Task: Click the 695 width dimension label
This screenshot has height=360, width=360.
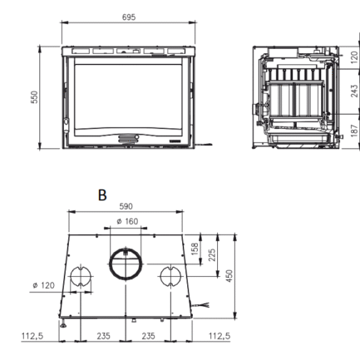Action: pos(129,17)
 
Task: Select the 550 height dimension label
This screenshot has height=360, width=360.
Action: pos(34,97)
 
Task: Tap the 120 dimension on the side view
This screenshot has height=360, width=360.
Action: pos(354,57)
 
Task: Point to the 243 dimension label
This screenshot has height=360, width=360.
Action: pos(354,91)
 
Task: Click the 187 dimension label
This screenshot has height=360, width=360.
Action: pos(354,131)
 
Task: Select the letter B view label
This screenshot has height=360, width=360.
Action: pos(102,195)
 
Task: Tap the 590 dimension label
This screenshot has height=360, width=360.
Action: pos(126,206)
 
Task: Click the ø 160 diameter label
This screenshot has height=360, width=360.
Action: pos(127,221)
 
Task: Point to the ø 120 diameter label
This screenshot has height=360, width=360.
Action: pos(44,285)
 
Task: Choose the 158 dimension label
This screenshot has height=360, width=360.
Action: pos(195,249)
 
